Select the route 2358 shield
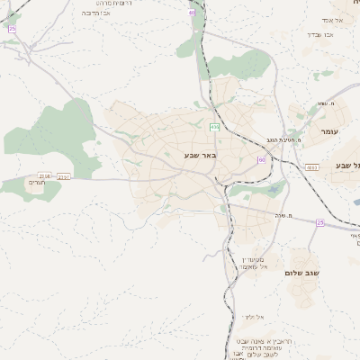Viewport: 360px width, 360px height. click(45, 176)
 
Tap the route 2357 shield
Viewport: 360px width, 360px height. click(63, 177)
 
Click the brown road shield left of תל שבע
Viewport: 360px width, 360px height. click(311, 167)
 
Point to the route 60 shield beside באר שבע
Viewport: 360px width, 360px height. click(262, 159)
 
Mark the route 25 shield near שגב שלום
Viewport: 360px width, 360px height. click(319, 222)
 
